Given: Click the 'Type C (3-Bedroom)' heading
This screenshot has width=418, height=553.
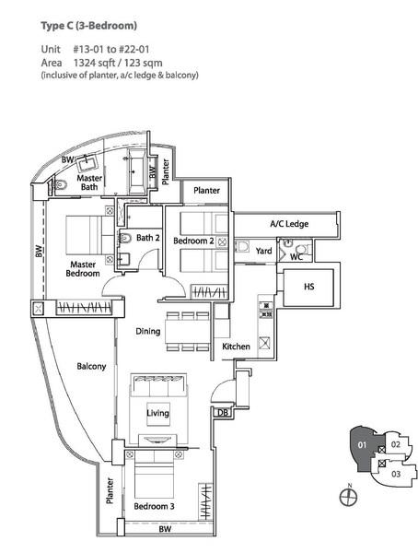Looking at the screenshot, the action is (88, 26).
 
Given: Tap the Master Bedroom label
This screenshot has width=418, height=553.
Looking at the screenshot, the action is (83, 269).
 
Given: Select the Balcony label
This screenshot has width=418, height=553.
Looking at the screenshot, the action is (91, 367).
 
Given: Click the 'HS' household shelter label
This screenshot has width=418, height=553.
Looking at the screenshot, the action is (308, 287).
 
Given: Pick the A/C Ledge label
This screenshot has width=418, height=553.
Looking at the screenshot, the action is (289, 224).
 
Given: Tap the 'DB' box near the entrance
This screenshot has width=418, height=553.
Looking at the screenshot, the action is (223, 412).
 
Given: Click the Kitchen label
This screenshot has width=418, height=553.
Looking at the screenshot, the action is (236, 347).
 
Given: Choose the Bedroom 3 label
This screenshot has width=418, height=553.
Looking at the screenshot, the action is (154, 506).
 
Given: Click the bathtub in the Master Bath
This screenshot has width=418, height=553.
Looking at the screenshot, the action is (136, 171).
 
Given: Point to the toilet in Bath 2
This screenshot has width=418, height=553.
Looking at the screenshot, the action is (125, 239).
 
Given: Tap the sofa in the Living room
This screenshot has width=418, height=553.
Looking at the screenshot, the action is (158, 385).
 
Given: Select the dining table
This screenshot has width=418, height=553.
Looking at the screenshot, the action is (188, 331).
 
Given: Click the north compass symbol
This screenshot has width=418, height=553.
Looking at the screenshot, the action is (348, 496).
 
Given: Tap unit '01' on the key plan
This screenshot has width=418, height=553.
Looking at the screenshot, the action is (363, 445).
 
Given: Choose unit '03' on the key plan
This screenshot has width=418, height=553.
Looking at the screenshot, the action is (396, 474).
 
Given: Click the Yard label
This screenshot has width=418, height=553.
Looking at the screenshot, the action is (263, 251).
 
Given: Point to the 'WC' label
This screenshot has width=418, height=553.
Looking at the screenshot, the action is (296, 257).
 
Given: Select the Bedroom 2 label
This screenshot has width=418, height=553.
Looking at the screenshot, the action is (193, 241).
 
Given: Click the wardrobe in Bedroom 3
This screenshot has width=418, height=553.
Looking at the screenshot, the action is (205, 501).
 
